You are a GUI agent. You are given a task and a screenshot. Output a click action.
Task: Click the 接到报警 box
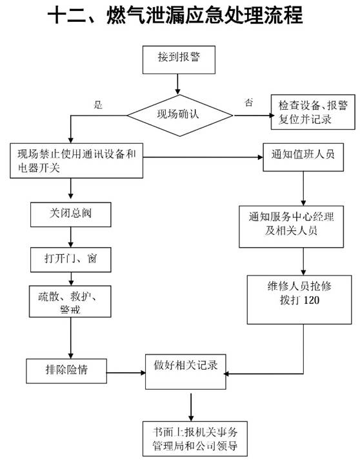[x=179, y=60]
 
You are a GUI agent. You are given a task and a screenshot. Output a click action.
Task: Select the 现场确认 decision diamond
[x=180, y=115]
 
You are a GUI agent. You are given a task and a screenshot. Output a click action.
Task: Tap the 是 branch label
[x=98, y=105]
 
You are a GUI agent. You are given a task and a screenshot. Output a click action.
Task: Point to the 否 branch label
[x=248, y=102]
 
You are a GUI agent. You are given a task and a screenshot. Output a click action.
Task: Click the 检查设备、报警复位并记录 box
[x=313, y=112]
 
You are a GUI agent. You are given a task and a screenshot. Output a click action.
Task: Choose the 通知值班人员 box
[x=303, y=157]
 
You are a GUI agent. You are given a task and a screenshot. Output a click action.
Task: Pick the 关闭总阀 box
[x=71, y=214]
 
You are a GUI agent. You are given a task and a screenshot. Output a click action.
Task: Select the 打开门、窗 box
[x=71, y=259]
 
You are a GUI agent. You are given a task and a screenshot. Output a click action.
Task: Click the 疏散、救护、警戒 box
[x=70, y=301]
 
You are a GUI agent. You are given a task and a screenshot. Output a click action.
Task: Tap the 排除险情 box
[x=66, y=371]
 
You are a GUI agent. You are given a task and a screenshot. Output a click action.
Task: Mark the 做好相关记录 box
[x=186, y=372]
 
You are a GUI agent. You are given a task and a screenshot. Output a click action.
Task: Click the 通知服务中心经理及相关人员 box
[x=292, y=226]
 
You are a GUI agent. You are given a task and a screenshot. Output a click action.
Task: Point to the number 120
[x=312, y=300]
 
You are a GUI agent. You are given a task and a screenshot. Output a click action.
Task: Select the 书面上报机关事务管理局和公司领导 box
[x=195, y=439]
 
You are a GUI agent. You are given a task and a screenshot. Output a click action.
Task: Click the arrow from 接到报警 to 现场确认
[x=177, y=85]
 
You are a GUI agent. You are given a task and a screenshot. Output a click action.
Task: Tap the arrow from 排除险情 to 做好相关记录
[x=126, y=373]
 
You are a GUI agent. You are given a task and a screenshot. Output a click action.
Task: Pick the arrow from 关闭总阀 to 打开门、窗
[x=71, y=237]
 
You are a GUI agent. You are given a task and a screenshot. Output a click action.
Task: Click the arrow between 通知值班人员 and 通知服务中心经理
[x=303, y=188]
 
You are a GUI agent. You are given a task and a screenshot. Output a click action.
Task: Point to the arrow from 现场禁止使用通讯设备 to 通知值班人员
[x=203, y=157]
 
